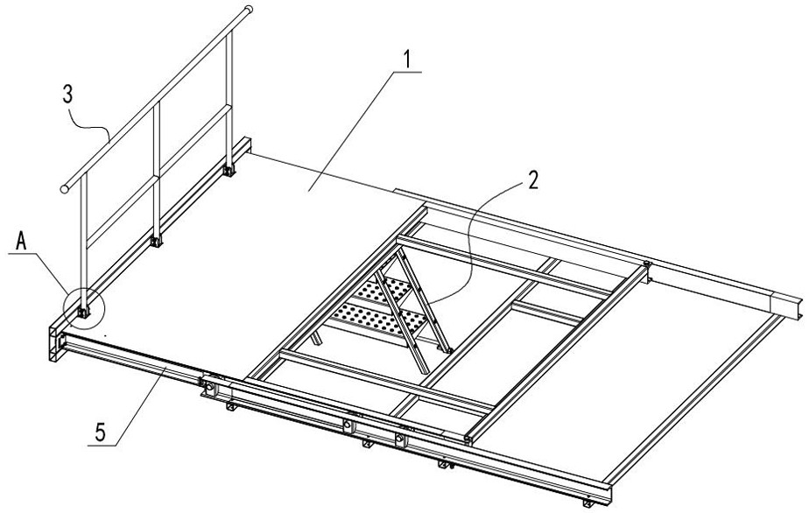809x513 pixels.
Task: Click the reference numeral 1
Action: (407, 60)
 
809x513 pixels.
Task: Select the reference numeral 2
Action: (532, 180)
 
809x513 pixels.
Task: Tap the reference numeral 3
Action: (67, 95)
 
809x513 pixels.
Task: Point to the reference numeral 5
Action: (100, 432)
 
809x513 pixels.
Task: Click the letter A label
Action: (21, 241)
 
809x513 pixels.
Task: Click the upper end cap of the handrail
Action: (248, 9)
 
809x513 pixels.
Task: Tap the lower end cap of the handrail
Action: (65, 189)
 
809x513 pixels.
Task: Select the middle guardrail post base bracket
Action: (155, 241)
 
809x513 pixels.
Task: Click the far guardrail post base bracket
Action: (228, 170)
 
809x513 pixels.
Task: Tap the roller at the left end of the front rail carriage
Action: (209, 385)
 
